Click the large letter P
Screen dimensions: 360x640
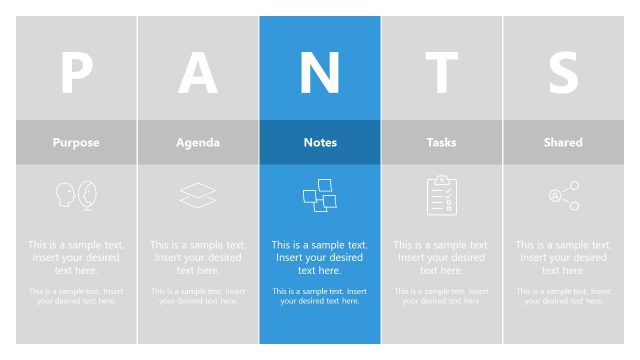pos(76,72)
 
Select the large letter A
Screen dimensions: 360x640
pos(198,72)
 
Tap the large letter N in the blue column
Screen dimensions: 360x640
pos(320,72)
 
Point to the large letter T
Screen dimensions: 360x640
pos(441,72)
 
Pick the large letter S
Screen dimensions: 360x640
pos(563,72)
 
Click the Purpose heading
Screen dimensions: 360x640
pos(76,142)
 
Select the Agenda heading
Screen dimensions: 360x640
pos(198,142)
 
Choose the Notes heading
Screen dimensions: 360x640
pos(320,142)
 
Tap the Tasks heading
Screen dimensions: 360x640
pos(441,142)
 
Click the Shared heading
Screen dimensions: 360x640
pos(563,142)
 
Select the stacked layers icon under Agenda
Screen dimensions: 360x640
pos(198,195)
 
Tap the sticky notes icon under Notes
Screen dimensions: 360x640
pos(320,195)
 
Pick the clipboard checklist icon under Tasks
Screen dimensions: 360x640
pos(441,195)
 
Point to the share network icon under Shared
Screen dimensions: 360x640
pos(564,196)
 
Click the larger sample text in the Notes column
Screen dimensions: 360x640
pos(320,257)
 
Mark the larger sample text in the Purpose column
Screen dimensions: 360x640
pos(76,257)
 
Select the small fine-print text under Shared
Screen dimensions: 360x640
pos(563,296)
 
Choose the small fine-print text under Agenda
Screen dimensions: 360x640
pos(198,296)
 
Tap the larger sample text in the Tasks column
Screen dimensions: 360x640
pos(441,257)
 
